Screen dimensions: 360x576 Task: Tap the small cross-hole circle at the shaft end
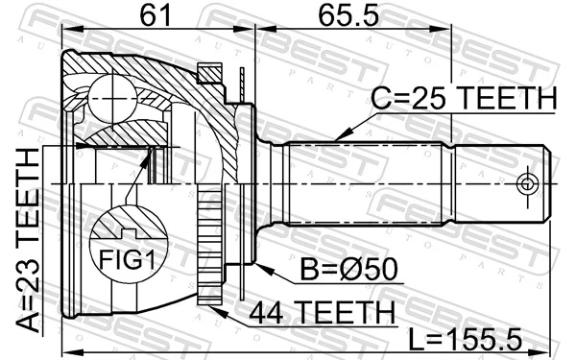click(525, 183)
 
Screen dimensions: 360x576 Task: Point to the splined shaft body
click(403, 182)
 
